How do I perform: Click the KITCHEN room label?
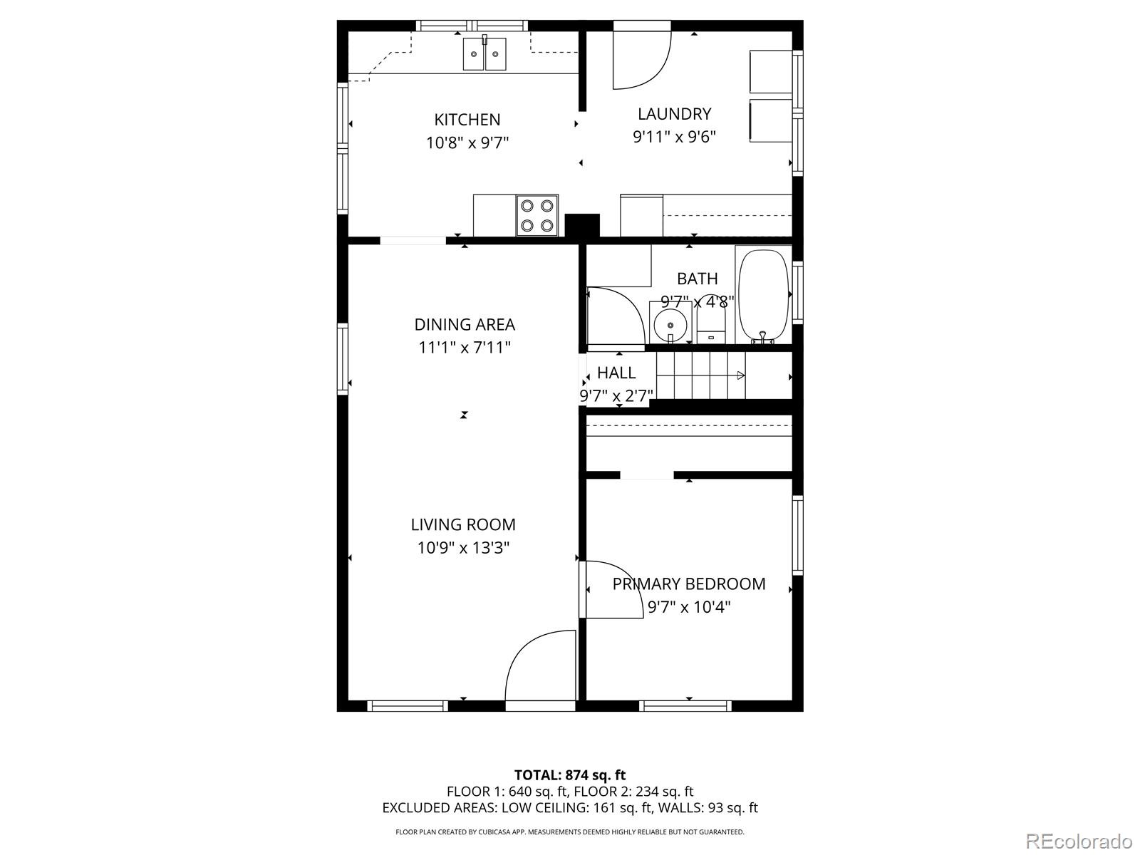(x=467, y=119)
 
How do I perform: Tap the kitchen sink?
(x=484, y=54)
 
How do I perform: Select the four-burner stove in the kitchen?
(x=537, y=215)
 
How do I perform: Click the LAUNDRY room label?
(x=674, y=114)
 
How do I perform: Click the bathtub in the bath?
(x=764, y=296)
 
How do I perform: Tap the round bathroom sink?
(x=670, y=324)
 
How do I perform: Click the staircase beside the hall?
(x=702, y=375)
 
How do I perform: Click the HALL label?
(x=616, y=373)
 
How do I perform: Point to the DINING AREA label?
(x=465, y=325)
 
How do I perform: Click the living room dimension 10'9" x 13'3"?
(x=463, y=548)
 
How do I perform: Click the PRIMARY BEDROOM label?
(x=689, y=584)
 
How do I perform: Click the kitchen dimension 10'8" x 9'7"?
(x=467, y=143)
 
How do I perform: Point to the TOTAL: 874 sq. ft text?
(x=570, y=774)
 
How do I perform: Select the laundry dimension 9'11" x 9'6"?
(x=674, y=137)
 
